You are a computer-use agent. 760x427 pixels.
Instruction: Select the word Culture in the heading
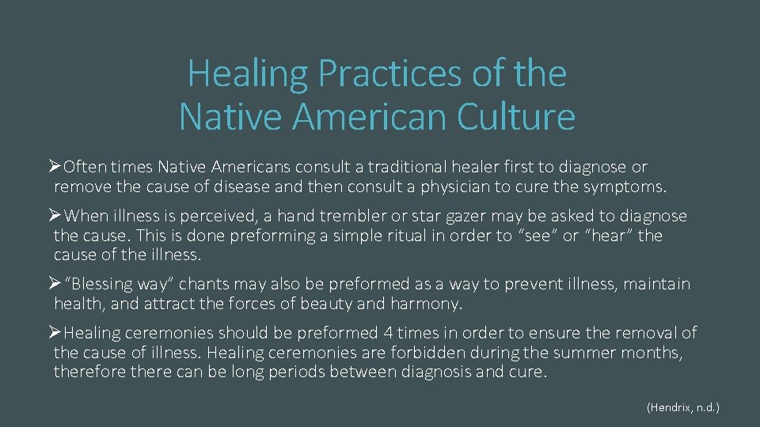tap(514, 116)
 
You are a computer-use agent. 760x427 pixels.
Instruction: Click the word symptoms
tap(625, 187)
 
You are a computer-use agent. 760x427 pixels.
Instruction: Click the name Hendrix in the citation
tap(672, 408)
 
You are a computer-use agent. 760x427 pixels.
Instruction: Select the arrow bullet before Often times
tap(55, 166)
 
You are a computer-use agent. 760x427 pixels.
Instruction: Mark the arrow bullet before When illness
tap(55, 215)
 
